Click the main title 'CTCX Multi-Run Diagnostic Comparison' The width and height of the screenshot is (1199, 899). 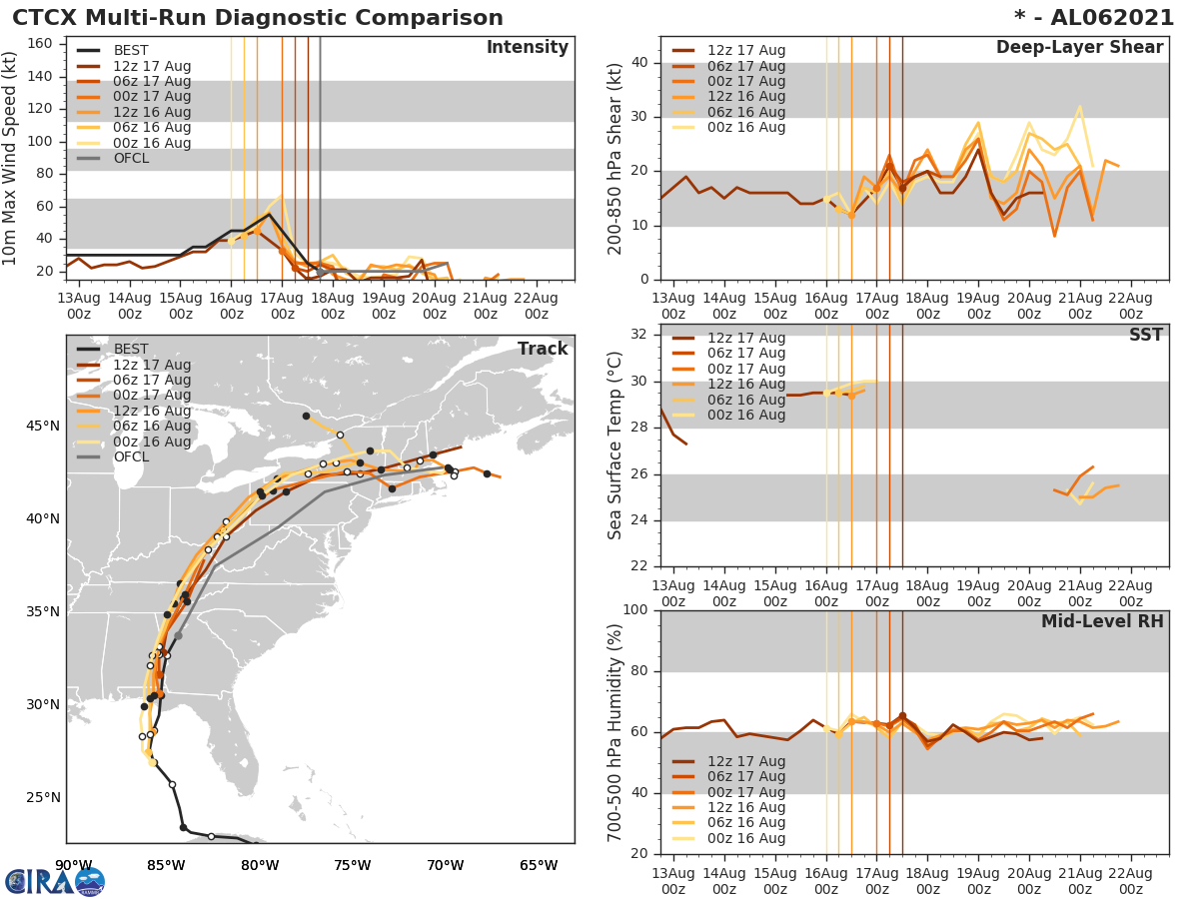point(258,18)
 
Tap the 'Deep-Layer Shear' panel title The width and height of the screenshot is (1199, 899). point(1079,48)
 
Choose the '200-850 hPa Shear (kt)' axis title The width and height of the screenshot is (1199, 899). point(616,158)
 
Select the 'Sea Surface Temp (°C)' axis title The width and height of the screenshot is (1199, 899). point(616,445)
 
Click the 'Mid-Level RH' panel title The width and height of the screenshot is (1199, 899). point(1102,621)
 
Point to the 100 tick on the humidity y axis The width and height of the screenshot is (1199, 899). point(637,609)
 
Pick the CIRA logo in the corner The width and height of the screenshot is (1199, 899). point(54,881)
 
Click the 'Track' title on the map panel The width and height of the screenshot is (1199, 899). point(542,349)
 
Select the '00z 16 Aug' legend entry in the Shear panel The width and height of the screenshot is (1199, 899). point(745,127)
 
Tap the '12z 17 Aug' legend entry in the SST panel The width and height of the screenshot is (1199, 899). point(745,338)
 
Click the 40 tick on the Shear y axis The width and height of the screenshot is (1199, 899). point(641,63)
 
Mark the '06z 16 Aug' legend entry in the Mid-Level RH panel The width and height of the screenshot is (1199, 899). point(745,823)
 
